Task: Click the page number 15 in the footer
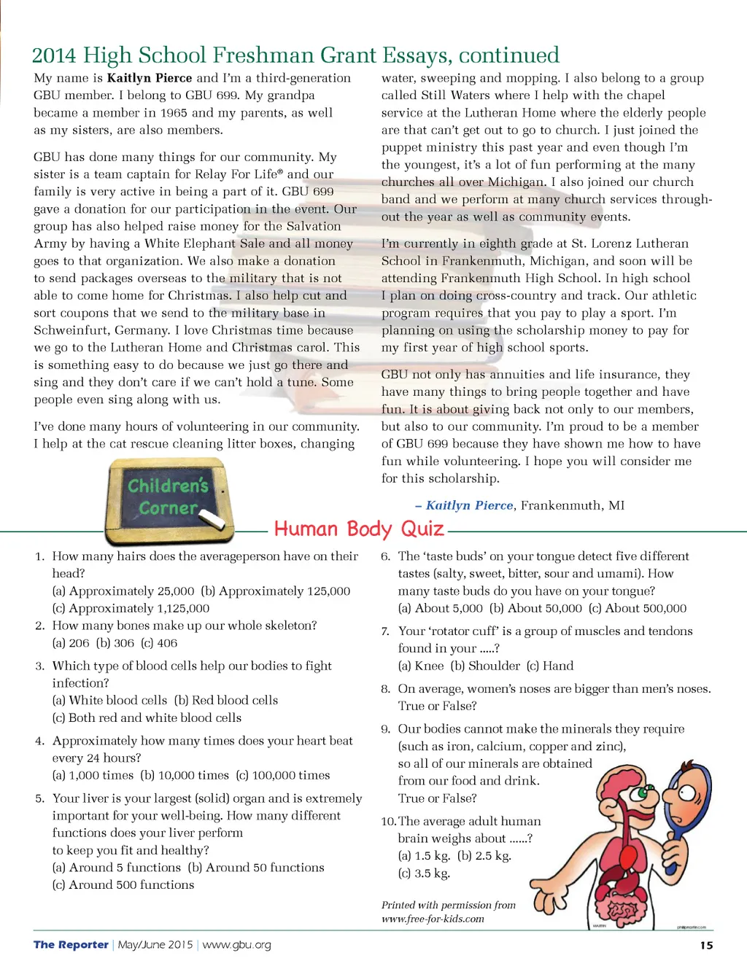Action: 706,945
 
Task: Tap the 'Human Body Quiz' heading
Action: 359,529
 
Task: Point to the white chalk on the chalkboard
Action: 212,519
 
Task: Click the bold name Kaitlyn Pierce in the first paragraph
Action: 150,78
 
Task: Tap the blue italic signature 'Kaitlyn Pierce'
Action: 469,505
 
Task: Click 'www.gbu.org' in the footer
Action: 236,945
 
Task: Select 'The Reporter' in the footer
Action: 71,945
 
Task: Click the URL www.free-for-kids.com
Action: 433,919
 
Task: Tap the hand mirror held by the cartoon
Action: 685,795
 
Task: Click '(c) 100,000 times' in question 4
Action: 282,775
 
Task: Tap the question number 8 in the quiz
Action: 386,689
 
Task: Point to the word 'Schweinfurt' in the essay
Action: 69,330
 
